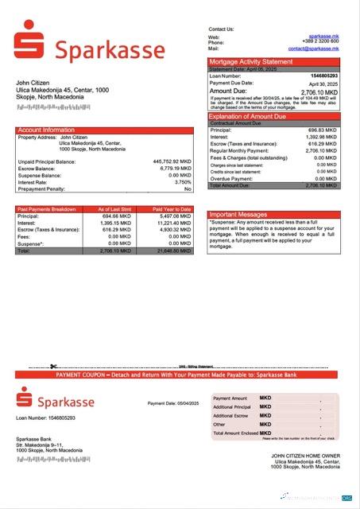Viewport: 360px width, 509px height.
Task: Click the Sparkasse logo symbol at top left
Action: point(30,42)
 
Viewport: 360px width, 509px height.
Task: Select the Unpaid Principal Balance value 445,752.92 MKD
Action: point(172,161)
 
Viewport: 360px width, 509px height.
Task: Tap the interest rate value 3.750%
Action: point(180,182)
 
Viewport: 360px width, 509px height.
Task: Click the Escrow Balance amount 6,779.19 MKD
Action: point(175,169)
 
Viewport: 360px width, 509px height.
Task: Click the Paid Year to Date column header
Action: point(173,208)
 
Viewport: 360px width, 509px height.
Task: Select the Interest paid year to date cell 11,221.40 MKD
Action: point(174,223)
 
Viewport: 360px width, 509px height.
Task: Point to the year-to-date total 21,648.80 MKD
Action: point(174,251)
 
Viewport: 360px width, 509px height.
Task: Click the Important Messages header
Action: point(238,215)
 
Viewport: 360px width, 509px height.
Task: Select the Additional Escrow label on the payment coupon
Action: point(231,416)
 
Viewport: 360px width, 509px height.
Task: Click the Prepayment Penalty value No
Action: point(188,189)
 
